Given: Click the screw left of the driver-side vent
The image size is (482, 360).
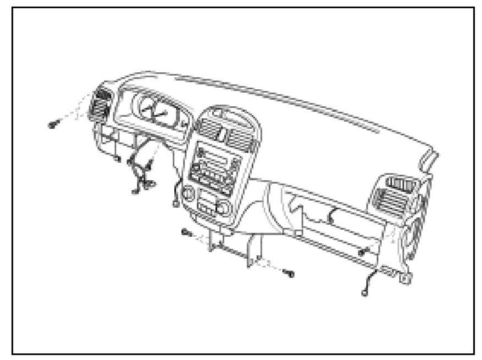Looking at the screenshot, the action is tap(53, 124).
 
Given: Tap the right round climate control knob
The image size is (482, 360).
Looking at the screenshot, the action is tap(224, 207).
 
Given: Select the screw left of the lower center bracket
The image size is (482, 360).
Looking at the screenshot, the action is tap(185, 232).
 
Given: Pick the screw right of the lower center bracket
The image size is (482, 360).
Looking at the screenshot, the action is tap(290, 272).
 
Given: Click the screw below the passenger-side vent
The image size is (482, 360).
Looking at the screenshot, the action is tap(361, 252).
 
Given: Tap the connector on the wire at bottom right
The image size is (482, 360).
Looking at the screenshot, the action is tap(364, 293).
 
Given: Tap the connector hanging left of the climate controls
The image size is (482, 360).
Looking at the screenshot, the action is tap(175, 204).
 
